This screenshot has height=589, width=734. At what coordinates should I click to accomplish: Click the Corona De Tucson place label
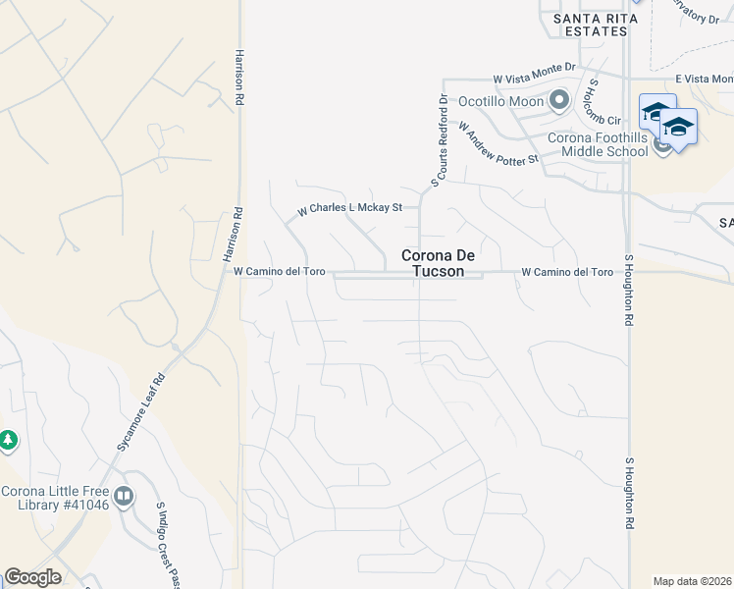[x=432, y=263]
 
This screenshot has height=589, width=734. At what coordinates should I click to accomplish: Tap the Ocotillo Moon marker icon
[x=559, y=100]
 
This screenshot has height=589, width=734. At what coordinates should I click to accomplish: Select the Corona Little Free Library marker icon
[x=124, y=497]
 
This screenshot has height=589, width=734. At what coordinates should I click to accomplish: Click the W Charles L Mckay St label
[x=351, y=208]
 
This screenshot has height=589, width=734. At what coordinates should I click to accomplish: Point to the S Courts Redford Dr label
[x=443, y=138]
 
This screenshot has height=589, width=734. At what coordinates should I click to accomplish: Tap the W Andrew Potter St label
[x=498, y=143]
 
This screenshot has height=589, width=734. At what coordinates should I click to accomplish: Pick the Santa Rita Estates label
[x=590, y=25]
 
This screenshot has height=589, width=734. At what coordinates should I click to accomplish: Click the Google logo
[x=32, y=577]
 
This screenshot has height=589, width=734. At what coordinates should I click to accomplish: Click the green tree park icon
[x=8, y=441]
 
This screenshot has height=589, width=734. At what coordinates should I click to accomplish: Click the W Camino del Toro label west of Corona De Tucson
[x=279, y=271]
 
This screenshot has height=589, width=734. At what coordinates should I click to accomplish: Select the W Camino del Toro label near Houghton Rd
[x=567, y=271]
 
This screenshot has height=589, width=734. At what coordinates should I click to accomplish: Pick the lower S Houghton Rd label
[x=629, y=501]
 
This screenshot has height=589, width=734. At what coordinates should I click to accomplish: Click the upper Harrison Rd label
[x=237, y=79]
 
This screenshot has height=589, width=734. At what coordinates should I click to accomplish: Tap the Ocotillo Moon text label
[x=501, y=100]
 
